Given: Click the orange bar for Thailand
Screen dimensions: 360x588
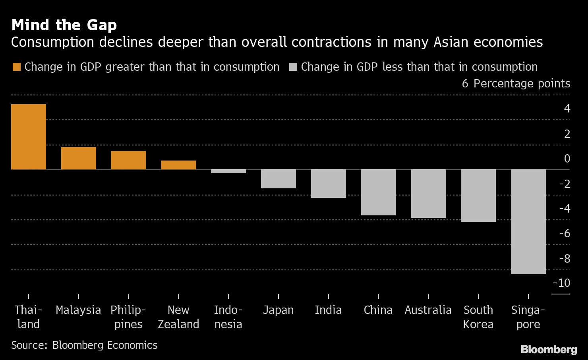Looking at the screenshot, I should coord(29,137).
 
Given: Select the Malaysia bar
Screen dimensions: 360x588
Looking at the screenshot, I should coord(78,158).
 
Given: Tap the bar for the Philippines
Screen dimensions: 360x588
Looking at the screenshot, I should coord(128,160).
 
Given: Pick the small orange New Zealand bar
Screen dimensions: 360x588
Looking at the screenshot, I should coord(178,165).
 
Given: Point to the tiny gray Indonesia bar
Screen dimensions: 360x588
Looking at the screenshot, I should coord(228,171).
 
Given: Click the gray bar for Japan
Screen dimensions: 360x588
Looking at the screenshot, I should coord(279,179).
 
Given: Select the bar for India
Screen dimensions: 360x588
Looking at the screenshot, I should coord(328,184).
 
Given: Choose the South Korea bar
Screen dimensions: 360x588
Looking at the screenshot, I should coord(478,195).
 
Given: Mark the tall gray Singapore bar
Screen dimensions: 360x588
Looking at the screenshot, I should coord(528,222).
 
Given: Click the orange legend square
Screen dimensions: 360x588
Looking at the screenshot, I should coord(16,67).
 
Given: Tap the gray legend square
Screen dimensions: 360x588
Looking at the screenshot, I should coord(293,67).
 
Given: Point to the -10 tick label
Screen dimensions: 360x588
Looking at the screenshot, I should coord(561,283).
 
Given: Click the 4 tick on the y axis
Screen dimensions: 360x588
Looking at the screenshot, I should coord(567,108).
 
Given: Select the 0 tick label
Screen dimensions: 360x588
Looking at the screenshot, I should coord(567,159).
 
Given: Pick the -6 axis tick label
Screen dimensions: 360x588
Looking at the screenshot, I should coord(565,233).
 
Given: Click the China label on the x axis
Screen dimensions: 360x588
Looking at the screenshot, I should coord(378,310).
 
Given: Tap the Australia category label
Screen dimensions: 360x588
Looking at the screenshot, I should coord(428,310).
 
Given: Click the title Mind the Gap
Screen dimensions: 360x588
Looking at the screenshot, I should coord(64,25).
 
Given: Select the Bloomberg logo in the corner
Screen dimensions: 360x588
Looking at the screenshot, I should coord(549,349).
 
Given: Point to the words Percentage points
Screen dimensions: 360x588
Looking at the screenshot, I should coord(522,83).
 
